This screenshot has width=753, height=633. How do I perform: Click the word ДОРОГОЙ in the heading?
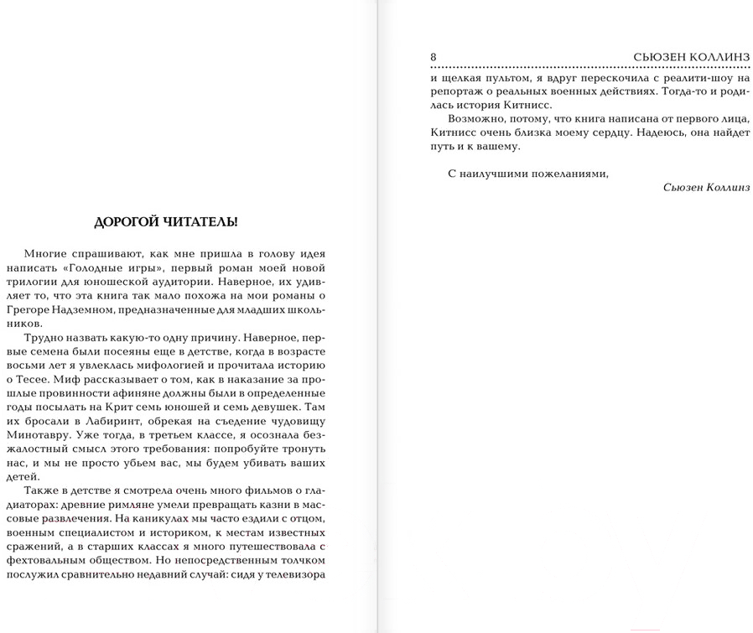(129, 222)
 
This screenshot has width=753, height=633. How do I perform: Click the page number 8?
(433, 56)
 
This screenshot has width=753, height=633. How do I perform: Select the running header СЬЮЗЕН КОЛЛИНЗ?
(693, 56)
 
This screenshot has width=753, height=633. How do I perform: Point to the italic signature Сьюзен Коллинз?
(705, 187)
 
